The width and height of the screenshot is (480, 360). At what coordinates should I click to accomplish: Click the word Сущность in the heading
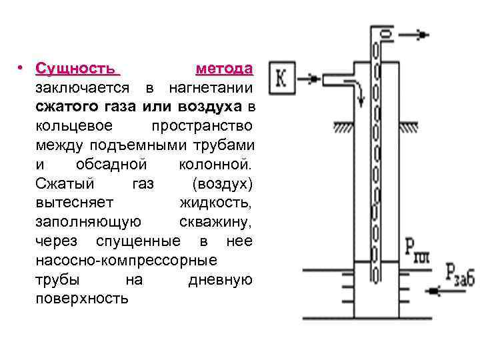(x=78, y=69)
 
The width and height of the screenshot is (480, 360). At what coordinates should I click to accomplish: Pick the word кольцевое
(x=75, y=126)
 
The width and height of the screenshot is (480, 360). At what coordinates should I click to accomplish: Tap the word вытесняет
(x=75, y=202)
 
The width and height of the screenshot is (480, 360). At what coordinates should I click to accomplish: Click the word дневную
(x=219, y=279)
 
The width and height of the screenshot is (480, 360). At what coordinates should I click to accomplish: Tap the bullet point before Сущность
(x=21, y=69)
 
